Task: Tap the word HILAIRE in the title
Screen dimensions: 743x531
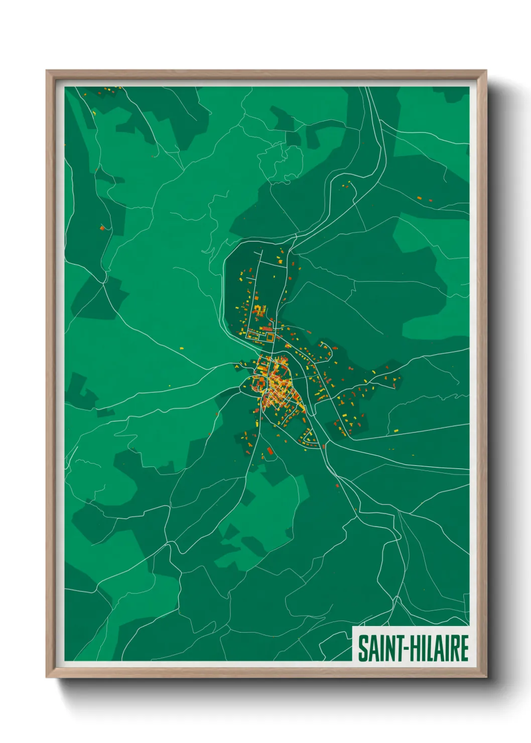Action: pyautogui.click(x=440, y=648)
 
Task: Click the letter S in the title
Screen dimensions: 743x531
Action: pyautogui.click(x=362, y=648)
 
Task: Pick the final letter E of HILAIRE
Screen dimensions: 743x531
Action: pyautogui.click(x=464, y=648)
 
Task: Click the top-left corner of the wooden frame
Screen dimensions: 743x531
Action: pyautogui.click(x=47, y=71)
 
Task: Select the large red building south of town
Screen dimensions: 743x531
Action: pyautogui.click(x=270, y=451)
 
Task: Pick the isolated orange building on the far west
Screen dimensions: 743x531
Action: pyautogui.click(x=102, y=228)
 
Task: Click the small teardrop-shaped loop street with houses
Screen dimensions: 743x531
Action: pyautogui.click(x=308, y=438)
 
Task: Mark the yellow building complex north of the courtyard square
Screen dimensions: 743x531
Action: pyautogui.click(x=259, y=309)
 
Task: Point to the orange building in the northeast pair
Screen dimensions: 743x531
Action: pyautogui.click(x=420, y=198)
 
